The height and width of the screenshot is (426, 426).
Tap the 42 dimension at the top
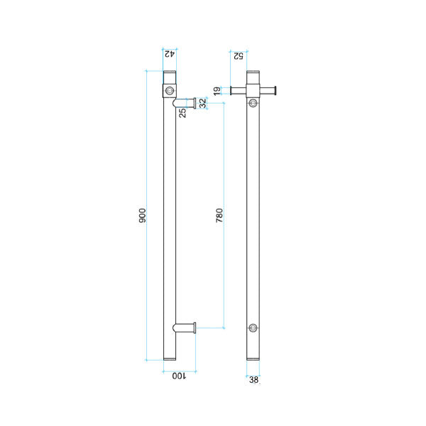click(169, 53)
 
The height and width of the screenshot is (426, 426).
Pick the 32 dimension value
click(202, 103)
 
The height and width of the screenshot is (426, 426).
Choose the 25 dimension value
click(182, 112)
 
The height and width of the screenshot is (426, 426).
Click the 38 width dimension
click(253, 380)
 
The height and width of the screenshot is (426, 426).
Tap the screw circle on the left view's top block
click(169, 90)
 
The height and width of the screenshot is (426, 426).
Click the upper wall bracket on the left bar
click(185, 102)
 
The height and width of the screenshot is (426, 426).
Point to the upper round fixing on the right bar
click(253, 104)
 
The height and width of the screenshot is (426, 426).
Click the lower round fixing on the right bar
click(253, 327)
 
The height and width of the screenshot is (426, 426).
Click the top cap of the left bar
click(169, 76)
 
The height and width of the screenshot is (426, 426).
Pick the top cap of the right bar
click(253, 76)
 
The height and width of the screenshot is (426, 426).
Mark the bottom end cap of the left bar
click(169, 358)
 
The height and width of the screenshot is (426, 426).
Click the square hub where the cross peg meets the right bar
click(253, 90)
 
